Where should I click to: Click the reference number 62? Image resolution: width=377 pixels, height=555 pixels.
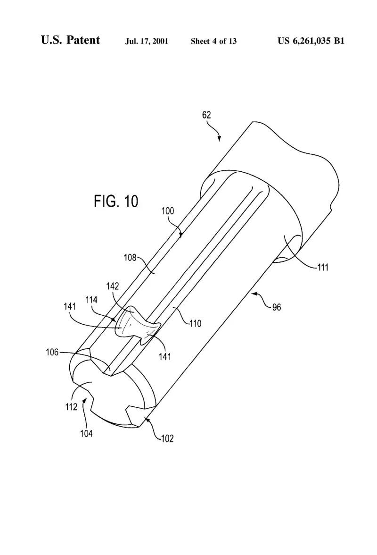206,115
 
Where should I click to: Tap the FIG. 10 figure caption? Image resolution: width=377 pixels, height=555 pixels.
116,202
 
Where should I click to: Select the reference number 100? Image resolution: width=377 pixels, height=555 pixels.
168,211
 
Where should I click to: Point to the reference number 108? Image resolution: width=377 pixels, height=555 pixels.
130,257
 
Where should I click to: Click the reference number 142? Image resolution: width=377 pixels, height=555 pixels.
113,286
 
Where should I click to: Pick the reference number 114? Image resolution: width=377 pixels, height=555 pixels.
91,300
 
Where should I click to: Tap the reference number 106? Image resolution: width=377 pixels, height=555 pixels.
52,352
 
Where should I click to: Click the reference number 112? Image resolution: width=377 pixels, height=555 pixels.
71,407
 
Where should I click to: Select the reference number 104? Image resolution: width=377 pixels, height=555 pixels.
86,434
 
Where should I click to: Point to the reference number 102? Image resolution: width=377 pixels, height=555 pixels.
167,439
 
